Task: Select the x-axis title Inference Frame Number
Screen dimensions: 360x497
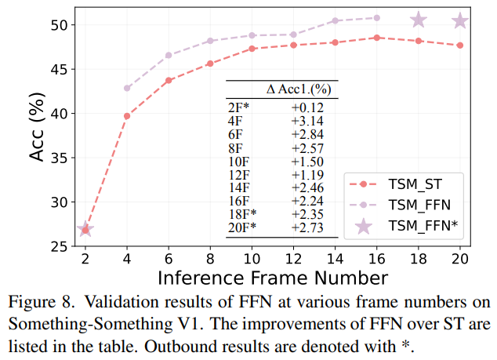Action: pyautogui.click(x=272, y=278)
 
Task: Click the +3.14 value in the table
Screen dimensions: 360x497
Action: pyautogui.click(x=307, y=120)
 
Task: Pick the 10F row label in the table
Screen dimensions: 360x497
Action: pyautogui.click(x=238, y=162)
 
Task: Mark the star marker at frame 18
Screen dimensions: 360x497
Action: pyautogui.click(x=419, y=20)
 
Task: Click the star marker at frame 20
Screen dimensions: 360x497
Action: pyautogui.click(x=460, y=21)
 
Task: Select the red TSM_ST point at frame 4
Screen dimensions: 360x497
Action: pyautogui.click(x=127, y=116)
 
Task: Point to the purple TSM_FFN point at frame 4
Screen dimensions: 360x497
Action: pyautogui.click(x=127, y=88)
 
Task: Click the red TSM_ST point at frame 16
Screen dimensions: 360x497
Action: pyautogui.click(x=376, y=38)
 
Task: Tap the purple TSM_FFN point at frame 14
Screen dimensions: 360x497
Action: pyautogui.click(x=335, y=20)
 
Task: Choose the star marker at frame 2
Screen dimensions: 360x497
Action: pyautogui.click(x=85, y=229)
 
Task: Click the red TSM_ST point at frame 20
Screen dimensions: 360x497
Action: pyautogui.click(x=460, y=45)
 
